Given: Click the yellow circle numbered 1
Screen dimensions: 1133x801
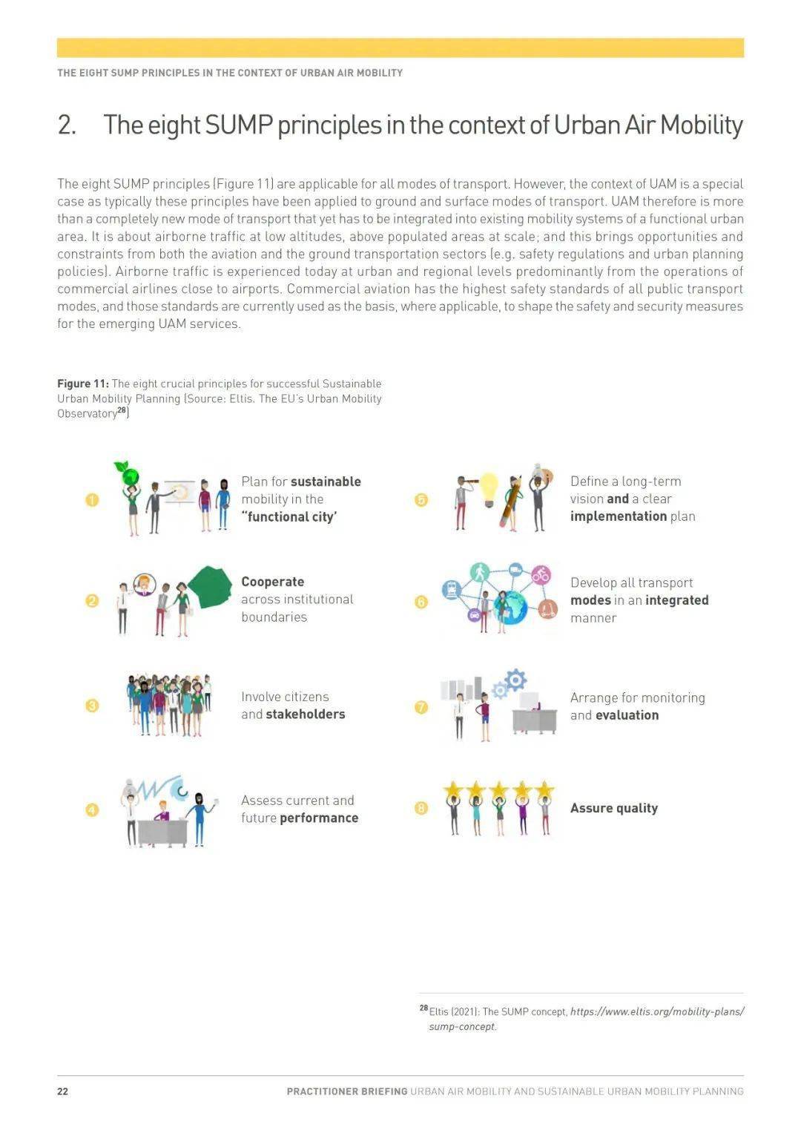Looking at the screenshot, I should [92, 499].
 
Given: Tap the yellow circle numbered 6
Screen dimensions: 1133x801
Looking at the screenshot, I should [421, 601].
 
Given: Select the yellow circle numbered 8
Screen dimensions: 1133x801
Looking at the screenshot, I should [421, 808].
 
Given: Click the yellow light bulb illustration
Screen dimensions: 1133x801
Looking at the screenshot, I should [488, 487].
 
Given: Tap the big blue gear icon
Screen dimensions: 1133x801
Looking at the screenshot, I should [515, 679].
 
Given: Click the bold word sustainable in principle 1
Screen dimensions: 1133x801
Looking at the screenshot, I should [326, 482].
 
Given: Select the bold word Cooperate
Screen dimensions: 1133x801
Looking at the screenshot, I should [272, 582].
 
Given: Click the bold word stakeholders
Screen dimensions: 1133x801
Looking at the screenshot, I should [306, 714].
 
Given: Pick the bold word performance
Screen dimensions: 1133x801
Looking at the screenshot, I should [319, 818].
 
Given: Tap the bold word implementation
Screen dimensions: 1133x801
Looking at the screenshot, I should [619, 516].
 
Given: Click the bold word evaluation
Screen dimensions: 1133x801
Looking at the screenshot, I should [627, 715].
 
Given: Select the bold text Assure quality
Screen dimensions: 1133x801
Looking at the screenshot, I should [614, 808].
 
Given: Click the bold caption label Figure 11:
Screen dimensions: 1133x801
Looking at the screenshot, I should [83, 384].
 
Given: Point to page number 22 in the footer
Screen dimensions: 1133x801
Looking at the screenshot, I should [63, 1091].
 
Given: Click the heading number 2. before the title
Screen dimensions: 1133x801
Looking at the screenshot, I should [67, 125].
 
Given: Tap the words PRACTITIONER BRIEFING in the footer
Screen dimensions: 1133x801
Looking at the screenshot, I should [347, 1091].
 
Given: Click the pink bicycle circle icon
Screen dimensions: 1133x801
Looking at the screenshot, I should [541, 574].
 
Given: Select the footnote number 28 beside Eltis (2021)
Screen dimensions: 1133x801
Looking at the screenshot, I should [423, 1008].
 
